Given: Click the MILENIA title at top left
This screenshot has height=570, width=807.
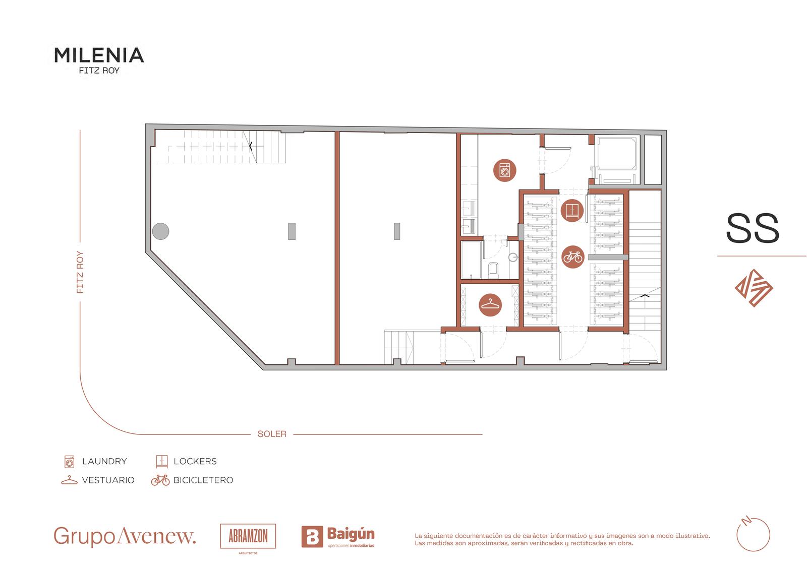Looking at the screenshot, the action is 99,55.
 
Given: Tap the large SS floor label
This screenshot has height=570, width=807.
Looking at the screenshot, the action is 752,228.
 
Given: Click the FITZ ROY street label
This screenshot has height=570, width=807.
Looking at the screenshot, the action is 80,272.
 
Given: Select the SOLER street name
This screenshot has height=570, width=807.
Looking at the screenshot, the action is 272,434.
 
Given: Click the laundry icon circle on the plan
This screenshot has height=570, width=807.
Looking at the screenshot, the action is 505,170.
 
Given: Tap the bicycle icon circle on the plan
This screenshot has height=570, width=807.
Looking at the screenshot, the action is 573,257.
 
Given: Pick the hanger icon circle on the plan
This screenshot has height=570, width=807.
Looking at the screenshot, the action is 490,305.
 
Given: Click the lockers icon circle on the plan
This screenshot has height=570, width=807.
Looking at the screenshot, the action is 572,210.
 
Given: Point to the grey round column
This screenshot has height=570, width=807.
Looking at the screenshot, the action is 161,231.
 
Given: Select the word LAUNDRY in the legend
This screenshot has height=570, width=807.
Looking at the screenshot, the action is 104,461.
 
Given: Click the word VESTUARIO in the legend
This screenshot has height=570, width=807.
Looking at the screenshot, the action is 108,480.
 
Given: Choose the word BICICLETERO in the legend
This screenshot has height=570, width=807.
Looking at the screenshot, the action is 203,480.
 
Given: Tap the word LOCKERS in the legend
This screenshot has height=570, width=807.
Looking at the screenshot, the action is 195,461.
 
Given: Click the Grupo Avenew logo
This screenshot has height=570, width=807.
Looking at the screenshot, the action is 125,537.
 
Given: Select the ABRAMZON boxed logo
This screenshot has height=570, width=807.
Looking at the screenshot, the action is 248,537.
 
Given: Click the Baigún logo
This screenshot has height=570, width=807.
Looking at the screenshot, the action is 338,537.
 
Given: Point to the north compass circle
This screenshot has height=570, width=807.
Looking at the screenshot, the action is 754,534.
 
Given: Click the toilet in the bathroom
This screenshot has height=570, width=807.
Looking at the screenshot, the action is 493,271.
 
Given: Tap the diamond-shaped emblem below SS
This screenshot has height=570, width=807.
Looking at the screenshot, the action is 754,288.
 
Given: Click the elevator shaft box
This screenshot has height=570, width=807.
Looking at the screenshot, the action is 617,160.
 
